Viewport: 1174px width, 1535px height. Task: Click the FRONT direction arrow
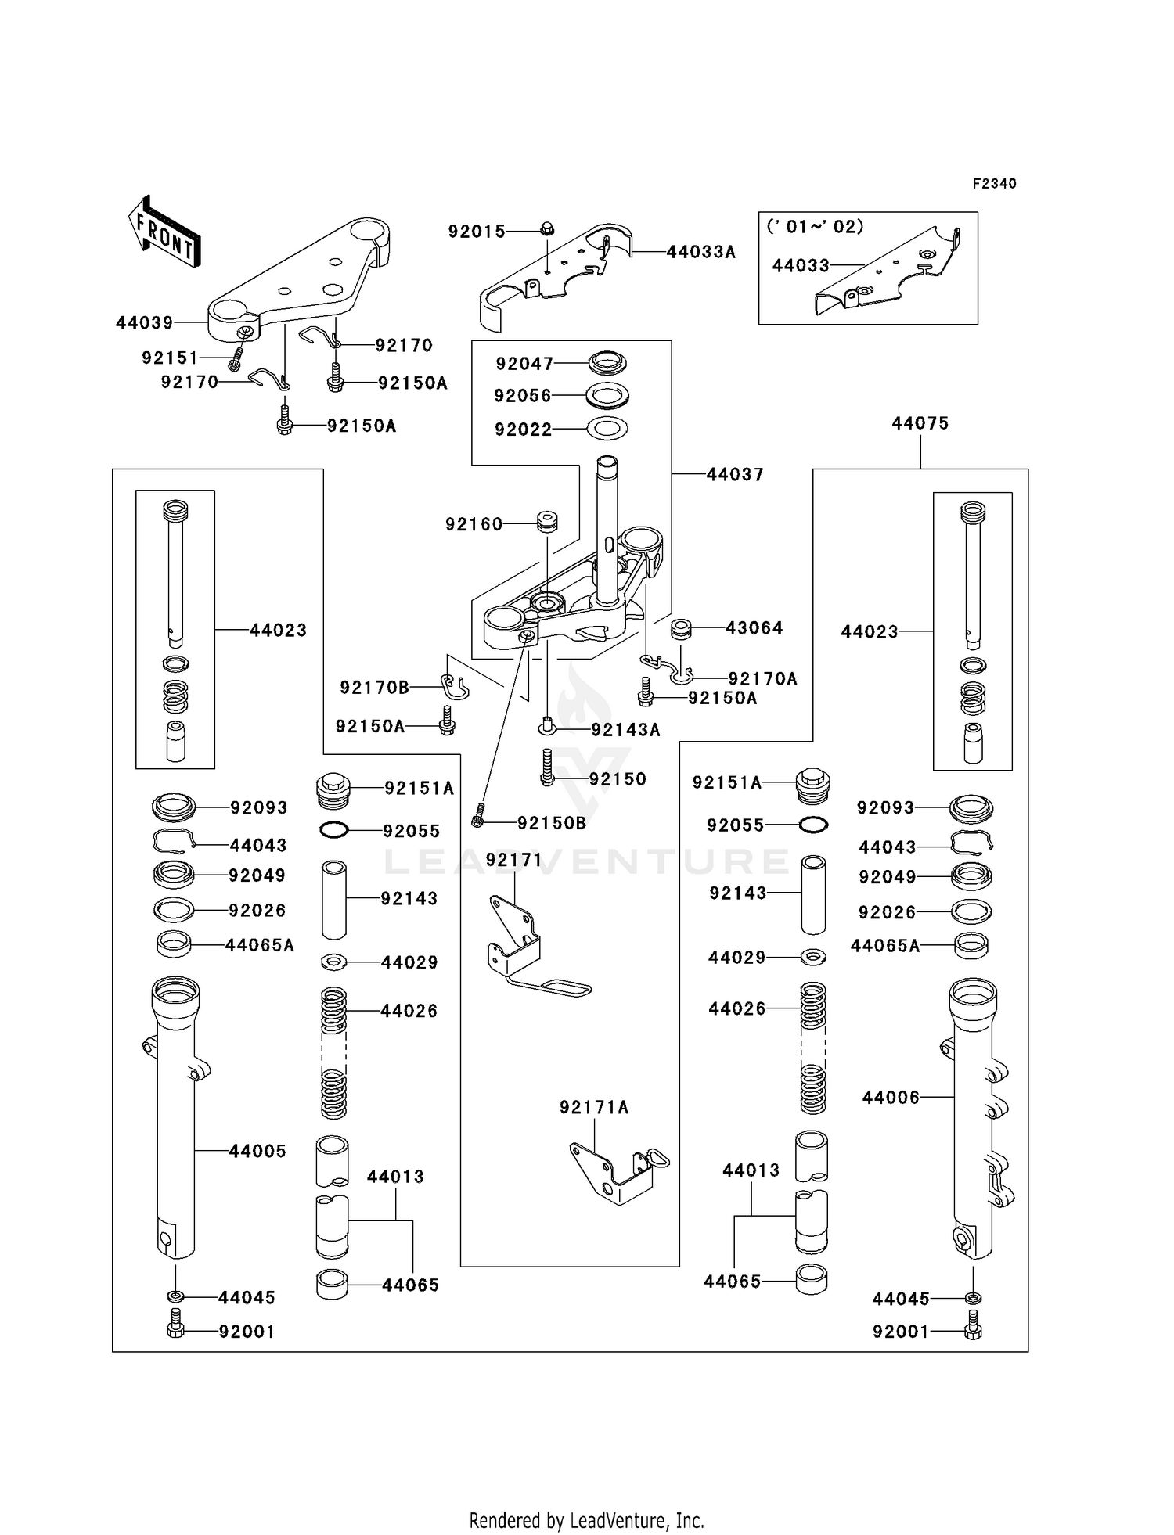pyautogui.click(x=165, y=232)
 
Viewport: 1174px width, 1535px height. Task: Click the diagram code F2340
pyautogui.click(x=994, y=184)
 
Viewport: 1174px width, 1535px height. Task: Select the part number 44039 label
pyautogui.click(x=145, y=323)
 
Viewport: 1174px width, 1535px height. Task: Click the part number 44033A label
pyautogui.click(x=700, y=252)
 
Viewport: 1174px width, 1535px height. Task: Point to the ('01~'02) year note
pyautogui.click(x=815, y=227)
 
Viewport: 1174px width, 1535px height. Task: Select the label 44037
pyautogui.click(x=734, y=474)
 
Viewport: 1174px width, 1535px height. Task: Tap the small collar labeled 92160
pyautogui.click(x=546, y=521)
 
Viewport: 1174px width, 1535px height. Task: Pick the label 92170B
pyautogui.click(x=374, y=688)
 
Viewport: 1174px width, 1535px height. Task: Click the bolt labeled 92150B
pyautogui.click(x=479, y=816)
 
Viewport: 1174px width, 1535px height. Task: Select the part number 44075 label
pyautogui.click(x=920, y=423)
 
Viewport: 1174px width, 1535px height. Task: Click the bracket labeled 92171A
pyautogui.click(x=618, y=1173)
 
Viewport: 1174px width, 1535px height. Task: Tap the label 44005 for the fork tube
pyautogui.click(x=257, y=1151)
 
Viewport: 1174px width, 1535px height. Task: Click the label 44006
pyautogui.click(x=891, y=1098)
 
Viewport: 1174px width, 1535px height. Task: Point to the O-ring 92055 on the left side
pyautogui.click(x=334, y=830)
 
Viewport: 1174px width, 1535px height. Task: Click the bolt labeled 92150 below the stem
pyautogui.click(x=547, y=767)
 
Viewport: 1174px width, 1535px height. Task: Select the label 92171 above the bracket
pyautogui.click(x=513, y=860)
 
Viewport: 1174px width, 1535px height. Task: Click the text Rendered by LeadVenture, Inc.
pyautogui.click(x=586, y=1520)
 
